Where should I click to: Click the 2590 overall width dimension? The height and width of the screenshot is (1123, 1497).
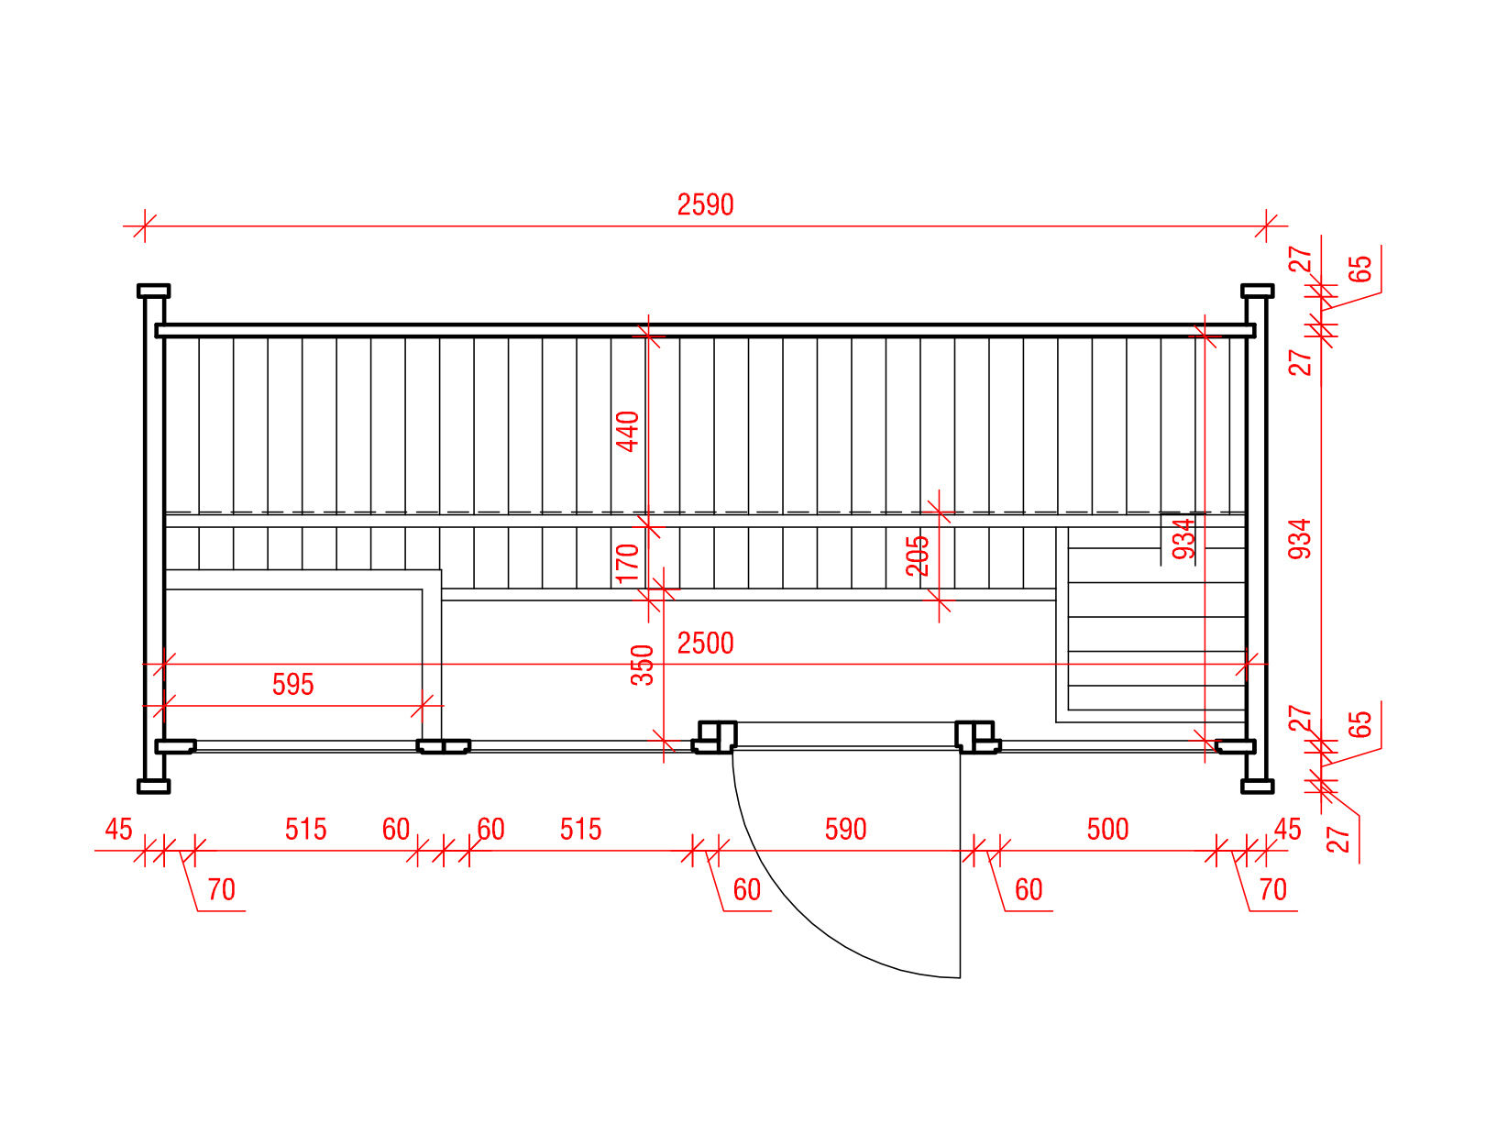tap(705, 204)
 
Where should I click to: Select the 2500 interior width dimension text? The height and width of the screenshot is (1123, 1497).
tap(705, 644)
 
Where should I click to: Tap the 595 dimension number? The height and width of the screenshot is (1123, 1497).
tap(292, 685)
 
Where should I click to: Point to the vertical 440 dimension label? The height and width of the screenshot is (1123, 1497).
tap(628, 431)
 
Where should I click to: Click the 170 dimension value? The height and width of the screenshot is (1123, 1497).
tap(628, 563)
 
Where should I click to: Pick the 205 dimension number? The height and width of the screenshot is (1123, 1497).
tap(918, 556)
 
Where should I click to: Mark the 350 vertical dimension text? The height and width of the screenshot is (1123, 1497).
tap(644, 665)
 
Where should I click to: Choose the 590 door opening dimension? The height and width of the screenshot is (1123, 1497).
tap(845, 830)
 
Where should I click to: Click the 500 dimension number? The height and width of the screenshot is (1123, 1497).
tap(1107, 830)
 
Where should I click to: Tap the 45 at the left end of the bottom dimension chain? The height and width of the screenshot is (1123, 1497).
tap(118, 830)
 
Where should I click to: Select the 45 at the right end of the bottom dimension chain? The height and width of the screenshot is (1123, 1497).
tap(1287, 830)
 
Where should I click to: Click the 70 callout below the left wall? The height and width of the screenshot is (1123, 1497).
tap(221, 890)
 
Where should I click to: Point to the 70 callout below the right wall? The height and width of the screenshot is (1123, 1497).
tap(1272, 890)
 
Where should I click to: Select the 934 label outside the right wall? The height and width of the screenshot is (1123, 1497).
tap(1300, 539)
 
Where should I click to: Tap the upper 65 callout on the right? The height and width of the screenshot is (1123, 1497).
tap(1361, 269)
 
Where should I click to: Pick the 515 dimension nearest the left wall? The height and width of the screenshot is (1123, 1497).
tap(305, 830)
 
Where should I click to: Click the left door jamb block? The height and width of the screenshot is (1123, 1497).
tap(715, 735)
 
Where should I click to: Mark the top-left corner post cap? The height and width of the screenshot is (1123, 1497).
tap(153, 291)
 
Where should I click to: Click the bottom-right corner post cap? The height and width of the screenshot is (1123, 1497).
tap(1257, 786)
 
